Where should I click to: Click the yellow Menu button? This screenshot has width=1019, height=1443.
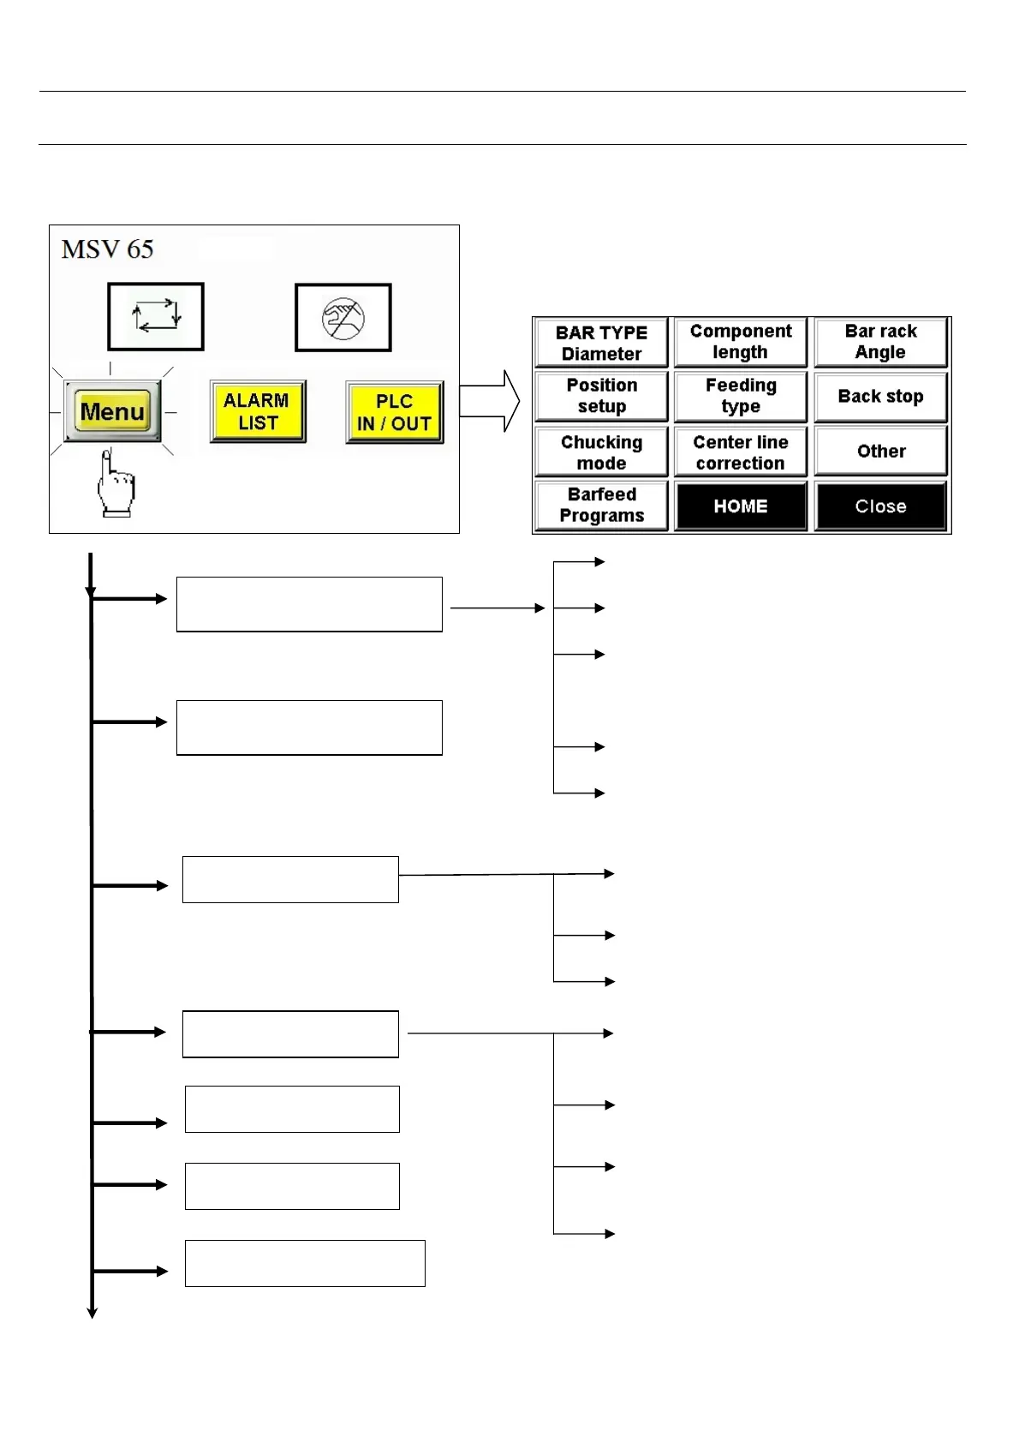pos(113,412)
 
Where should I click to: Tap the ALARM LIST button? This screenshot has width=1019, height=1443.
pos(258,412)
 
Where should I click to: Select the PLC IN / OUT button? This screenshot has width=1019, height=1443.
pos(395,412)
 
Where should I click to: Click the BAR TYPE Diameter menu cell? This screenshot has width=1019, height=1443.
pos(601,343)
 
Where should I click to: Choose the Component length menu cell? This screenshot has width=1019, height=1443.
pos(741,342)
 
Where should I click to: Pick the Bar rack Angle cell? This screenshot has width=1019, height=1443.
pos(880,342)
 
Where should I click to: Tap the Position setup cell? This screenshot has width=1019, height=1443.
pos(601,396)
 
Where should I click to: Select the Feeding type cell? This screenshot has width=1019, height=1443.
pos(741,396)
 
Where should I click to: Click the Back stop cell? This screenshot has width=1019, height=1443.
pos(880,396)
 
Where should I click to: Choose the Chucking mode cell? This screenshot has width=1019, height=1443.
pos(601,452)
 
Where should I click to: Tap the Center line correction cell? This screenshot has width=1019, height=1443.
pos(741,452)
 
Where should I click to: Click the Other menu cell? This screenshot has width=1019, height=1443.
pos(880,452)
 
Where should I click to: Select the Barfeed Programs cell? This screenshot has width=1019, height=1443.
pos(601,506)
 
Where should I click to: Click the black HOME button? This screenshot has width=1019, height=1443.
pos(741,506)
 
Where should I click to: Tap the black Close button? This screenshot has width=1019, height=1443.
pos(880,506)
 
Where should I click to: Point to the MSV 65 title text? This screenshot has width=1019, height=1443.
pos(108,249)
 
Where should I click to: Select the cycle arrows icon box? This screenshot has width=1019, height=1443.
pos(156,317)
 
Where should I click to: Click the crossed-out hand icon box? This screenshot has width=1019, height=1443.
pos(343,318)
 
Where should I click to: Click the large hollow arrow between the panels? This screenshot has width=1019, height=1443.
pos(490,401)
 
